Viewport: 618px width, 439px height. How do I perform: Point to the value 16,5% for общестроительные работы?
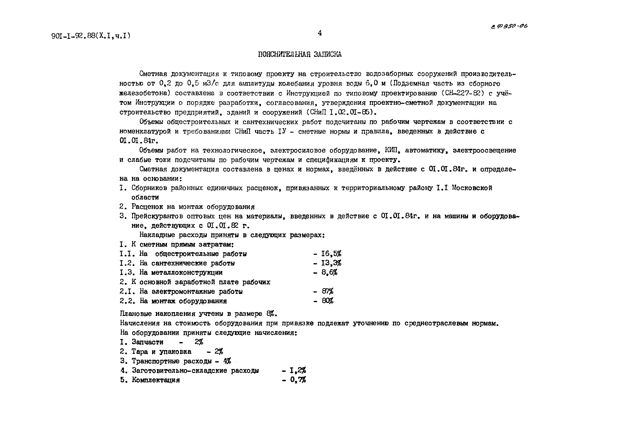pyautogui.click(x=331, y=254)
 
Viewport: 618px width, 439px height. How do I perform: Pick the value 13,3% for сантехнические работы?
pyautogui.click(x=331, y=263)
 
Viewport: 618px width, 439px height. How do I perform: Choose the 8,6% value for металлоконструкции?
pyautogui.click(x=329, y=272)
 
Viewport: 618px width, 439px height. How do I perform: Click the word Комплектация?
pyautogui.click(x=156, y=380)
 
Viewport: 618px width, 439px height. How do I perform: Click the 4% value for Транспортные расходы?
pyautogui.click(x=227, y=361)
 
